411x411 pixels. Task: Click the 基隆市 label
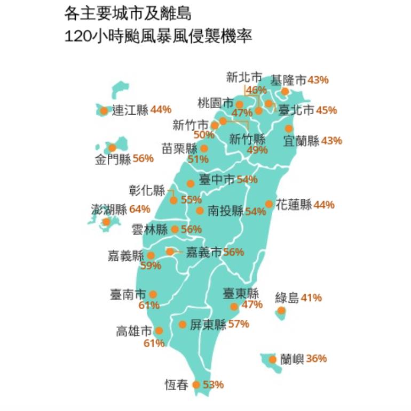[x=288, y=80]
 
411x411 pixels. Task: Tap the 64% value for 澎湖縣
[x=139, y=209]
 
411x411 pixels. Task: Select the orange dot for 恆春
[x=196, y=385]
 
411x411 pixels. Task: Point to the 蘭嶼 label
[x=291, y=359]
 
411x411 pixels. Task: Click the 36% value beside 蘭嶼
[x=317, y=359]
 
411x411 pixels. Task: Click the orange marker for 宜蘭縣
[x=289, y=128]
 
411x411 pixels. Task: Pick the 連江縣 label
[x=130, y=110]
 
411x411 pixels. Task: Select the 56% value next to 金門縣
[x=143, y=158]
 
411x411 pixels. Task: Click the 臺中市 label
[x=217, y=180]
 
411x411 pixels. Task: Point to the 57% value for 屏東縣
[x=239, y=324]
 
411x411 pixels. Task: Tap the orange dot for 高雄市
[x=159, y=331]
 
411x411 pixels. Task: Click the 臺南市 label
[x=128, y=294]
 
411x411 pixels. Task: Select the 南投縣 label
[x=225, y=211]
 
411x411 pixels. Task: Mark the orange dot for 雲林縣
[x=175, y=230]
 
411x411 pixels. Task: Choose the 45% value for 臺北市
[x=326, y=110]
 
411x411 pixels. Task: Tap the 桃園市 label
[x=215, y=102]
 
